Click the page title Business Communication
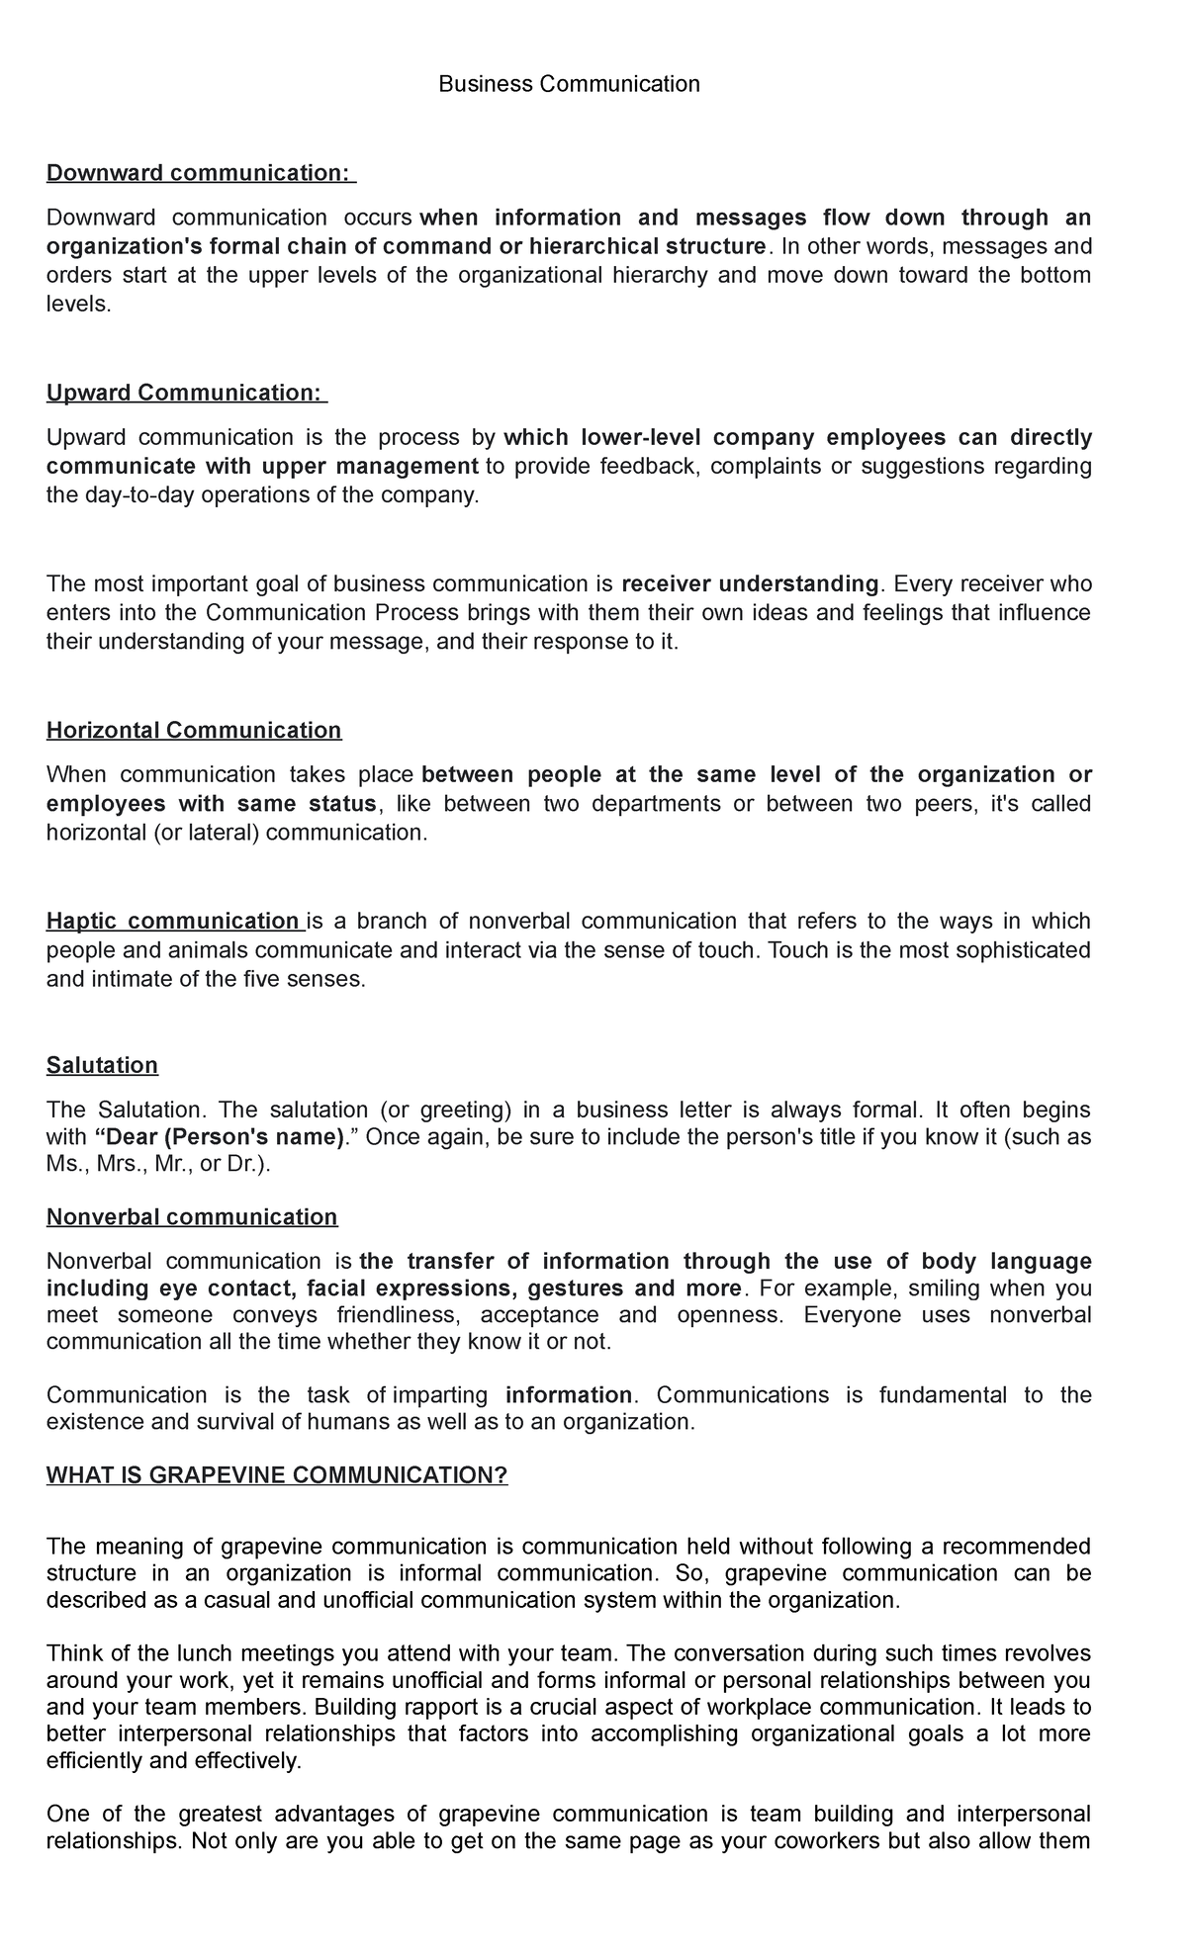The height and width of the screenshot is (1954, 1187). pyautogui.click(x=569, y=84)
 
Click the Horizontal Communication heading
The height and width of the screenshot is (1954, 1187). pyautogui.click(x=194, y=730)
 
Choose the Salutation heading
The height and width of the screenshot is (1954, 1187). pyautogui.click(x=102, y=1065)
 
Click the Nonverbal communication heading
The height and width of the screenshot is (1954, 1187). pyautogui.click(x=192, y=1216)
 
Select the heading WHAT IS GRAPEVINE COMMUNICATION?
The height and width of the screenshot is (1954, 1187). pyautogui.click(x=277, y=1475)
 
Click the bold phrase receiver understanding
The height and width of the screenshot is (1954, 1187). pyautogui.click(x=750, y=583)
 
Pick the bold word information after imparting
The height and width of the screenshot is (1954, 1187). pyautogui.click(x=568, y=1395)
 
